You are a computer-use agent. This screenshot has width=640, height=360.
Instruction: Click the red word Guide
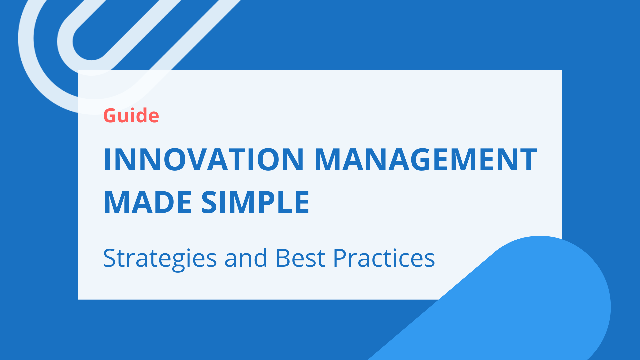(x=131, y=116)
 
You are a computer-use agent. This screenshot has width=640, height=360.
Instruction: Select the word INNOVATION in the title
(x=203, y=160)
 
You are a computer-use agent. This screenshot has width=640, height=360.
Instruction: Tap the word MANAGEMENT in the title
(x=426, y=160)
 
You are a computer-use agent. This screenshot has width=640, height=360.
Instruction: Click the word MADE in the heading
(x=148, y=202)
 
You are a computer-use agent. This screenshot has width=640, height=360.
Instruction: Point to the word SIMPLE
(x=255, y=202)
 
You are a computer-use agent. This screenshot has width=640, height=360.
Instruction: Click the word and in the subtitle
(x=246, y=258)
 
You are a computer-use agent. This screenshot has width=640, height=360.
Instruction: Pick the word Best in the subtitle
(x=300, y=258)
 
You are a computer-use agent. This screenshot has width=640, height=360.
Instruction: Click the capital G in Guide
(x=111, y=116)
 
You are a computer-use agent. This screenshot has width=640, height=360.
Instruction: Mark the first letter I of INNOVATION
(x=107, y=160)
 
